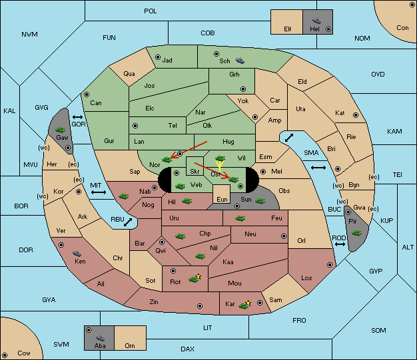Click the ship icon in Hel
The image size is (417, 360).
316,21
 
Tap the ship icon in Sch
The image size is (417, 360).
240,61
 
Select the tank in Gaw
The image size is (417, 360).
61,130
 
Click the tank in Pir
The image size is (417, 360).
356,233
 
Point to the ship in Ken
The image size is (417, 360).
77,254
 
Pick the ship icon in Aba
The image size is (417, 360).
101,338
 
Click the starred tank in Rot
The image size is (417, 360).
195,278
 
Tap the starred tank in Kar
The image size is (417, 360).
244,305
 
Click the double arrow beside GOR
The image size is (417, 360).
78,117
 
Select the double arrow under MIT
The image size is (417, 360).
99,192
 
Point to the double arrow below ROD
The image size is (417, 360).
340,244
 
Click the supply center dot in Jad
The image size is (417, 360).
158,57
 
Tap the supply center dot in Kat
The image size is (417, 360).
356,115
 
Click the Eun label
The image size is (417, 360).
222,200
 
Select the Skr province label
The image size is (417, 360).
195,172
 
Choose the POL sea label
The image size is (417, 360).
151,11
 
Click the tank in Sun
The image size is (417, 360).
260,201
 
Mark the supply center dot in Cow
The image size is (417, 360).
5,355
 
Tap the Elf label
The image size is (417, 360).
288,29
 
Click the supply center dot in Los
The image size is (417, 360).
330,265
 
